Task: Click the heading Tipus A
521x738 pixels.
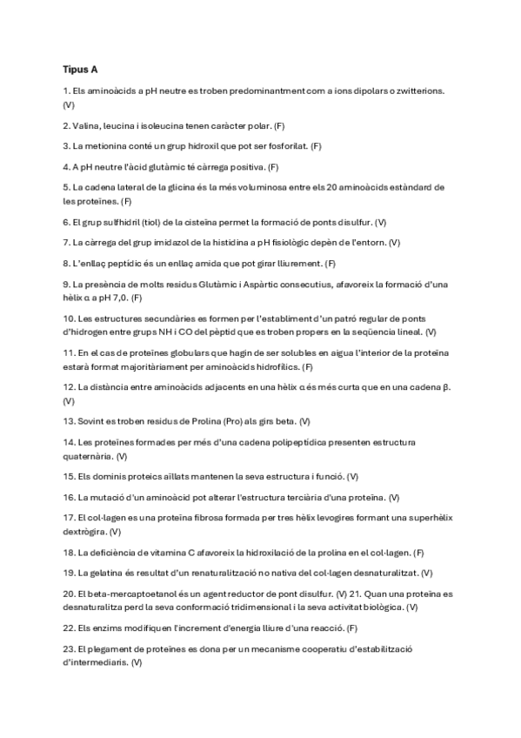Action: [x=80, y=69]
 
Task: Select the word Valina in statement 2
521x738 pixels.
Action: [x=88, y=125]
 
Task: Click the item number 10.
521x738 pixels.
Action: [x=70, y=319]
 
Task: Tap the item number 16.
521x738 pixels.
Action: [x=69, y=497]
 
